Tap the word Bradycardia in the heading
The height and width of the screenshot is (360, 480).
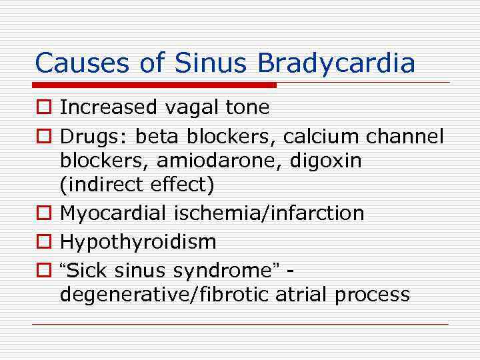[x=337, y=63]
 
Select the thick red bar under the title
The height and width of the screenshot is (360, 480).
[x=155, y=85]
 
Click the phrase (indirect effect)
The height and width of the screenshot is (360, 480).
[x=137, y=185]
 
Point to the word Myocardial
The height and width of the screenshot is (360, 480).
[x=113, y=213]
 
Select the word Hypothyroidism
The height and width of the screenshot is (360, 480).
[x=138, y=241]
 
